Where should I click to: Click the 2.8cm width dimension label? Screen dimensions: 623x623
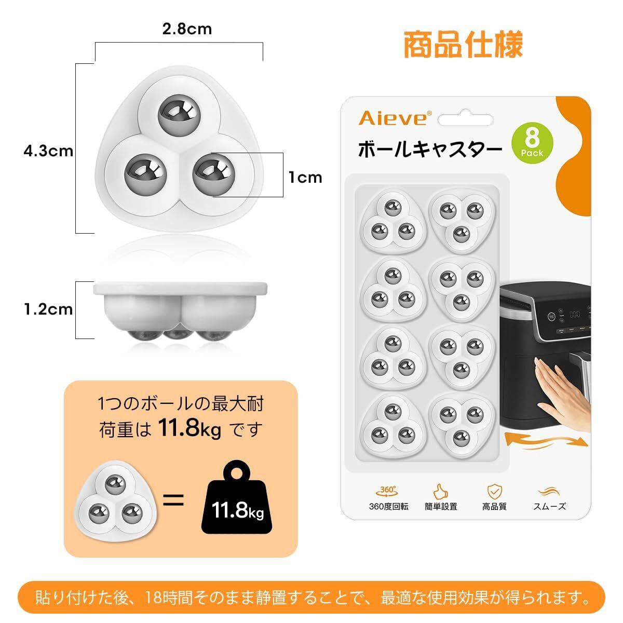[x=187, y=29]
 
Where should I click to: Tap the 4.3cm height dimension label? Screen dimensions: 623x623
[x=48, y=151]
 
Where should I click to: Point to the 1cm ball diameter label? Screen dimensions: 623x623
[x=305, y=178]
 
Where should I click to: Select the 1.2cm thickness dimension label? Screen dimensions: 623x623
[x=48, y=309]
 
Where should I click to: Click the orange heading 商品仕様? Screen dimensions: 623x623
[x=463, y=44]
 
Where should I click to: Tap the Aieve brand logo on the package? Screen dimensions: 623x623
[x=395, y=118]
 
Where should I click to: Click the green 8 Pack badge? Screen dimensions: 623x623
[x=532, y=143]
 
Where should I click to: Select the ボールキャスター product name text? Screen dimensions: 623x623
[x=430, y=149]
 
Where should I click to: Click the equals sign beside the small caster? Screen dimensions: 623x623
[x=173, y=500]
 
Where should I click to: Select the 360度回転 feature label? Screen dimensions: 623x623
[x=389, y=506]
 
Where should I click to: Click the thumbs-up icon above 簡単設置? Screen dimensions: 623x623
[x=441, y=492]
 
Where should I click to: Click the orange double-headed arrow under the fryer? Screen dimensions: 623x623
[x=546, y=442]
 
